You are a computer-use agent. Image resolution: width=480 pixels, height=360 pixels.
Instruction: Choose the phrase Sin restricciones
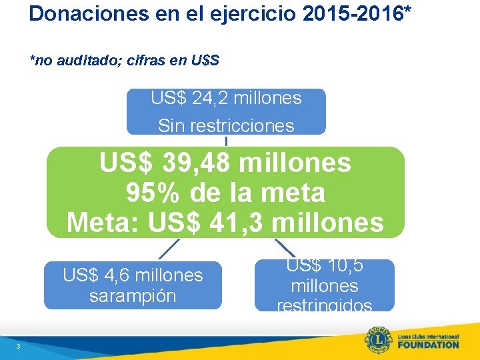pyautogui.click(x=226, y=125)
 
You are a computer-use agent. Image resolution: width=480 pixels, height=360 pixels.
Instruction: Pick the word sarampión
pyautogui.click(x=133, y=295)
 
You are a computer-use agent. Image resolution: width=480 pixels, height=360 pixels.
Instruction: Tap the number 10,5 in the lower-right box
pyautogui.click(x=341, y=267)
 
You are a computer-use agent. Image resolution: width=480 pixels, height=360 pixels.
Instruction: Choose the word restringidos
pyautogui.click(x=325, y=305)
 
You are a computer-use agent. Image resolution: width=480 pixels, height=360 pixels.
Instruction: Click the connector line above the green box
pyautogui.click(x=226, y=141)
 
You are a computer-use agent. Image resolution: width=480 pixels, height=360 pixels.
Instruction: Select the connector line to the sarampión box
pyautogui.click(x=169, y=249)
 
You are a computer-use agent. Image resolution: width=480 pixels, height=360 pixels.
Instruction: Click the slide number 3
pyautogui.click(x=19, y=345)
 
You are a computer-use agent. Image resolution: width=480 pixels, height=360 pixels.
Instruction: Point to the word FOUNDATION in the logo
pyautogui.click(x=428, y=345)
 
